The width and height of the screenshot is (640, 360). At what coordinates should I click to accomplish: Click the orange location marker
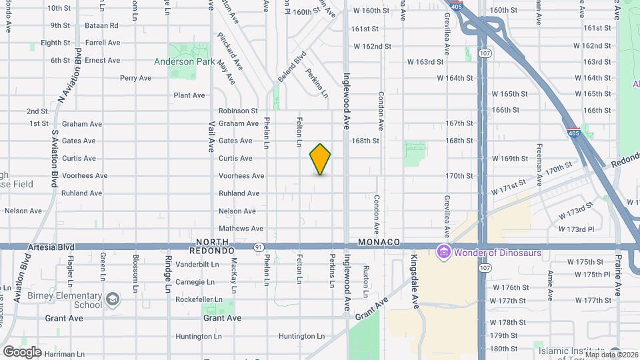tap(320, 159)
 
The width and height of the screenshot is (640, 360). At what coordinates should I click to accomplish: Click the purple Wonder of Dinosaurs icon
tap(443, 253)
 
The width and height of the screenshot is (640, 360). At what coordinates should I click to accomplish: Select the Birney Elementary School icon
tap(113, 298)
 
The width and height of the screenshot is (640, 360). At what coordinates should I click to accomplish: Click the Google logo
tap(22, 352)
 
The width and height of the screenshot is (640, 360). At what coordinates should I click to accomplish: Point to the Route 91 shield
tap(258, 247)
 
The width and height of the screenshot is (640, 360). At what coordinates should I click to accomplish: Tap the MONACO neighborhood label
tap(378, 241)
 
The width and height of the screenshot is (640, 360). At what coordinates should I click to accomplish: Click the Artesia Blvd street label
tap(50, 247)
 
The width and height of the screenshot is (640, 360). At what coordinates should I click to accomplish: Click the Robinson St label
tap(238, 111)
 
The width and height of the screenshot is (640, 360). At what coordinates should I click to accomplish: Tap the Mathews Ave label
tap(237, 229)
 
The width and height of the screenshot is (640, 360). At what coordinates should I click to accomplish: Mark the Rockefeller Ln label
tap(198, 299)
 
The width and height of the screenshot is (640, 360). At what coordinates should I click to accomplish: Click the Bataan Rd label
tap(101, 25)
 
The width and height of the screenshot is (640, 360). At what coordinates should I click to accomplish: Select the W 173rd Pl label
tap(575, 229)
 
